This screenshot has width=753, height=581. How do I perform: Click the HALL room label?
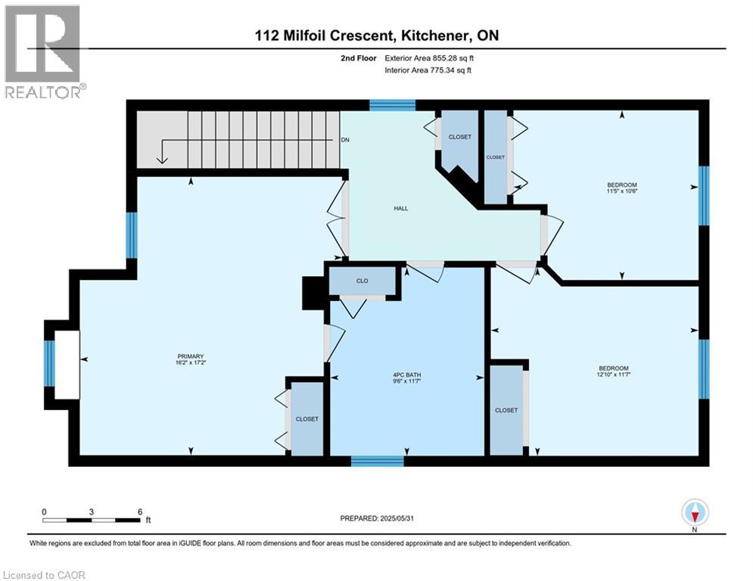(401, 208)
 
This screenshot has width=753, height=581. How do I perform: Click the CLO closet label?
(362, 281)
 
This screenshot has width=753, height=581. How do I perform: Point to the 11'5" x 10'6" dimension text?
(621, 191)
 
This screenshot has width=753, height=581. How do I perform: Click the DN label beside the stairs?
(345, 140)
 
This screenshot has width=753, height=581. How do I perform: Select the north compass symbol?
(694, 513)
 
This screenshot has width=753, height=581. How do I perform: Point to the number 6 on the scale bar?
(139, 511)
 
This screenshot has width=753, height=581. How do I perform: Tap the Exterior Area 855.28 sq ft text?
(429, 57)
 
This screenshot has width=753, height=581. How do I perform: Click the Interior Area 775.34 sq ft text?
(429, 70)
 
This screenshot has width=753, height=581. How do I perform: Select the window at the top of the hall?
(392, 105)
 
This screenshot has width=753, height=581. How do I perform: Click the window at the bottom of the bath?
(377, 461)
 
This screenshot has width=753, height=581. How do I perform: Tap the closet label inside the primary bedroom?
(307, 419)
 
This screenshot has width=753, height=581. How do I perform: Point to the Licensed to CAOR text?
(45, 575)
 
